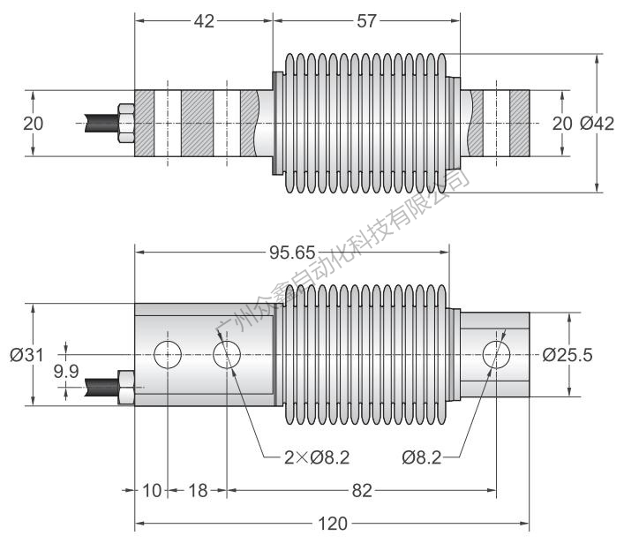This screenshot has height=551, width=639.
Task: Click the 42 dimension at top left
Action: pos(204,21)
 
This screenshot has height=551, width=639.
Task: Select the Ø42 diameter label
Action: pos(597,125)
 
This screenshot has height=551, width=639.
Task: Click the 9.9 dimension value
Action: pos(66,372)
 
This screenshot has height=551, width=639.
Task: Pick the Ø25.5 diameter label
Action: pos(568,355)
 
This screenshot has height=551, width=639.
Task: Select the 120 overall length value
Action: pos(332,524)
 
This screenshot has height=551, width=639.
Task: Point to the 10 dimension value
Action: pos(152,490)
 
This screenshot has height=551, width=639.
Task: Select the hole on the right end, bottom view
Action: pos(497,355)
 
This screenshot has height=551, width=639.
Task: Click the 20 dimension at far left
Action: pos(33,125)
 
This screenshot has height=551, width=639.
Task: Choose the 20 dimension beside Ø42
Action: pos(560,125)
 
